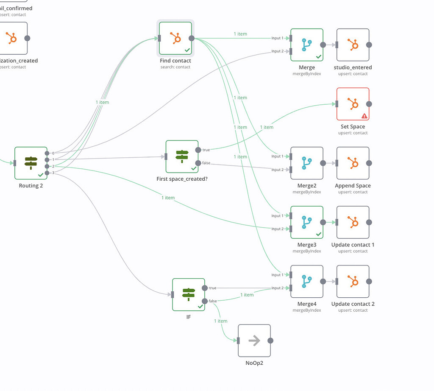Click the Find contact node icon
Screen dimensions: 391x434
click(175, 38)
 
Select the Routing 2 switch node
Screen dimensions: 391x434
click(31, 163)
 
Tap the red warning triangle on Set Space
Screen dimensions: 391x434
click(364, 115)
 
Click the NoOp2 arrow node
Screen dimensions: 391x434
click(254, 341)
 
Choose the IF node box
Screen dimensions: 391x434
click(189, 294)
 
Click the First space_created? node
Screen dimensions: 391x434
click(182, 156)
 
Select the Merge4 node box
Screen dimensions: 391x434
click(307, 282)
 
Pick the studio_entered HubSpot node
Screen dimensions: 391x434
click(353, 45)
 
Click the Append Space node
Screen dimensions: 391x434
click(353, 163)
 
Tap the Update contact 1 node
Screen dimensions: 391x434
click(353, 222)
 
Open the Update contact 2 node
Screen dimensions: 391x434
click(353, 282)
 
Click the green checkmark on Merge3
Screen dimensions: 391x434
click(319, 234)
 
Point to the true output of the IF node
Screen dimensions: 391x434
click(205, 288)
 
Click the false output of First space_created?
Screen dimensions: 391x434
click(198, 163)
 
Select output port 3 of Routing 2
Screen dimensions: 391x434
click(47, 173)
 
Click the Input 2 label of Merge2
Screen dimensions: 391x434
click(277, 170)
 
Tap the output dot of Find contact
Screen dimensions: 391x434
click(192, 38)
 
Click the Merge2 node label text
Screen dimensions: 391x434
click(307, 186)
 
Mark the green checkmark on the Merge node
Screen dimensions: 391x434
click(319, 56)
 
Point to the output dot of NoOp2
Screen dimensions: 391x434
click(270, 341)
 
